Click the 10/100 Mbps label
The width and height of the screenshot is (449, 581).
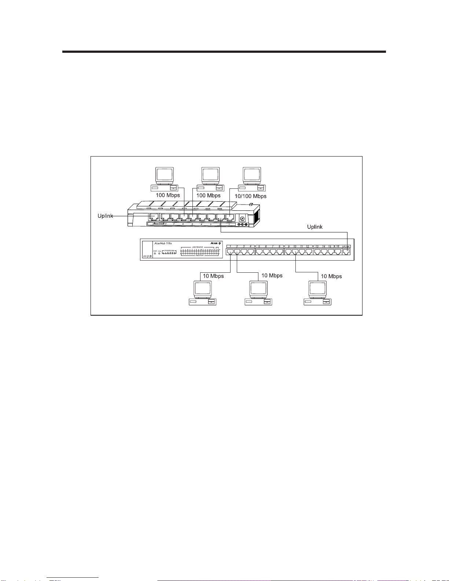250,196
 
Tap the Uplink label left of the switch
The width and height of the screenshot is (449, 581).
105,216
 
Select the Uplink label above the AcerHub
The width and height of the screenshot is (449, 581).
314,227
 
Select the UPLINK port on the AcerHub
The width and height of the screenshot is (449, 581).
346,252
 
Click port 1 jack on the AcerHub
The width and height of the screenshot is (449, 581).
230,252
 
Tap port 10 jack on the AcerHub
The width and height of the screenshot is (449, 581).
295,252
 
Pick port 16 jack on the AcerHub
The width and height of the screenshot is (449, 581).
338,252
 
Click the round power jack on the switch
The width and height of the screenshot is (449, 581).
242,218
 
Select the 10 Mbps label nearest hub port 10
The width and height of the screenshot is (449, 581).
331,276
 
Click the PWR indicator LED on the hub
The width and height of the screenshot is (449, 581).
155,253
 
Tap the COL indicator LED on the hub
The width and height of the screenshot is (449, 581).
159,253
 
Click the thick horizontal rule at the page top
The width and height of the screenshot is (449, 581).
224,52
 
